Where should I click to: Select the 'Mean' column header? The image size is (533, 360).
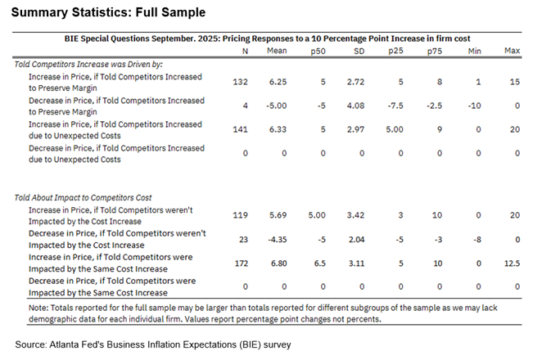pyautogui.click(x=276, y=52)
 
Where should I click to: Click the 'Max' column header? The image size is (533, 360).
pyautogui.click(x=513, y=52)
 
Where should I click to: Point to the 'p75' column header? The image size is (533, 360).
pyautogui.click(x=434, y=52)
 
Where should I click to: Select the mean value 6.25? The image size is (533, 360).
pyautogui.click(x=276, y=83)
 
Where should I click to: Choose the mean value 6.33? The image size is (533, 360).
pyautogui.click(x=276, y=129)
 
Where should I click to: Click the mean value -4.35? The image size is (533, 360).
pyautogui.click(x=276, y=239)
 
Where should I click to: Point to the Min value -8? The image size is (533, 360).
pyautogui.click(x=474, y=239)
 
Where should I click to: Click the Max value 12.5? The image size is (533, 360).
pyautogui.click(x=513, y=263)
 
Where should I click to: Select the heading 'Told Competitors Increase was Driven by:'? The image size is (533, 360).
pyautogui.click(x=97, y=63)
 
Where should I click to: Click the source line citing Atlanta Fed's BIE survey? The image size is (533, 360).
pyautogui.click(x=152, y=345)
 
